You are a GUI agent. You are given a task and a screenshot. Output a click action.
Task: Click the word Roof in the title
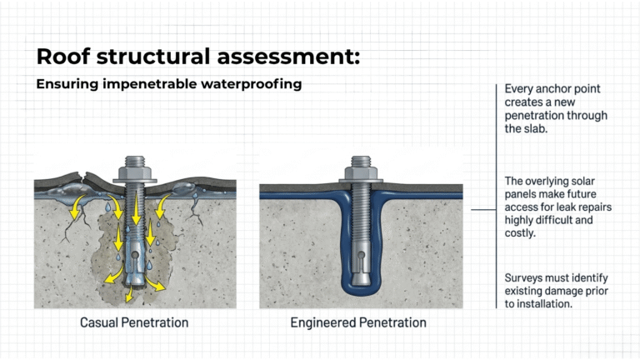63,57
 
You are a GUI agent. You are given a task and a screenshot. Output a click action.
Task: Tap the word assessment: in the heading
288,57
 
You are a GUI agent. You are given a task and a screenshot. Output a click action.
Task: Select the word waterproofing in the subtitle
252,84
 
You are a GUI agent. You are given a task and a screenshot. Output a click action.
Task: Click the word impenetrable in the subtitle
150,84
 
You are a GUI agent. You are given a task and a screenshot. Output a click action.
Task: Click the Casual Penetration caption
134,322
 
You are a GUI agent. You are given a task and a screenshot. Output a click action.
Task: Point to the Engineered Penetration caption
358,322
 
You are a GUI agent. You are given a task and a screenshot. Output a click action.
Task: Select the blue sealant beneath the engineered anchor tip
361,291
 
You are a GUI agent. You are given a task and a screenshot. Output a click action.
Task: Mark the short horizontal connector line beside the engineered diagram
483,210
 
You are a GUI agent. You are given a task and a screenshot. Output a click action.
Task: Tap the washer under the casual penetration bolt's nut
135,180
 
